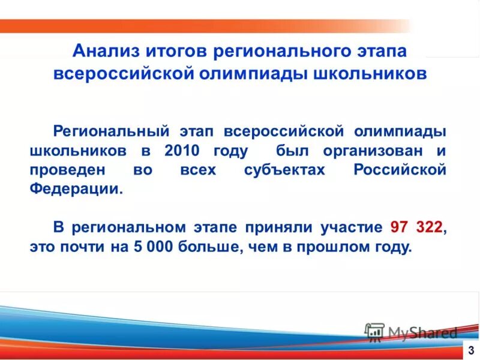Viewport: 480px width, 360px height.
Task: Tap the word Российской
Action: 400,170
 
